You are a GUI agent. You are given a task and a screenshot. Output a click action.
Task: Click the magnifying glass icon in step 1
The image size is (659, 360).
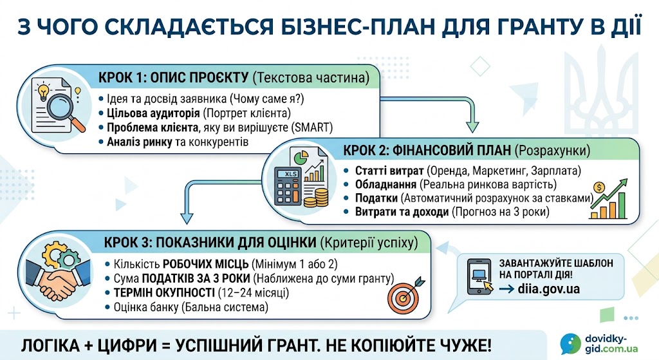[x=64, y=109]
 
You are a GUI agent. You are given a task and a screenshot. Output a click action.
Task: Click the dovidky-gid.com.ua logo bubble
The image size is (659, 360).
[x=570, y=344]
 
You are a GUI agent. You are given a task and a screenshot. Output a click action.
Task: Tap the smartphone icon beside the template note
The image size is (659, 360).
[x=479, y=276]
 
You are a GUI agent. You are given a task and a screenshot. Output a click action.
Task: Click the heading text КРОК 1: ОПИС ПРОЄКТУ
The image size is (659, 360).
[x=174, y=77]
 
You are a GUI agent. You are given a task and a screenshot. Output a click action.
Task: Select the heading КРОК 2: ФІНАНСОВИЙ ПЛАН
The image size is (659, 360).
[x=427, y=150]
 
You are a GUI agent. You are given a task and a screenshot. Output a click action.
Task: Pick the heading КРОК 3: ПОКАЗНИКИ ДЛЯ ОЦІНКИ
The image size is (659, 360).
[x=210, y=242]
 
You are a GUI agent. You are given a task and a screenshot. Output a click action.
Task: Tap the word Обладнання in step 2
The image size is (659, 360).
[x=385, y=184]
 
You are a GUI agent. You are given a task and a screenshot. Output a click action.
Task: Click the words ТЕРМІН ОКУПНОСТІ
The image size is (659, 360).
[x=164, y=292]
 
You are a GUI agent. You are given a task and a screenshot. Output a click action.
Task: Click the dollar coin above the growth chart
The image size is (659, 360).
[x=599, y=187]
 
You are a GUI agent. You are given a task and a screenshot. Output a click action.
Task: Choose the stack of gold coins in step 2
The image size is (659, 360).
[x=317, y=197]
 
